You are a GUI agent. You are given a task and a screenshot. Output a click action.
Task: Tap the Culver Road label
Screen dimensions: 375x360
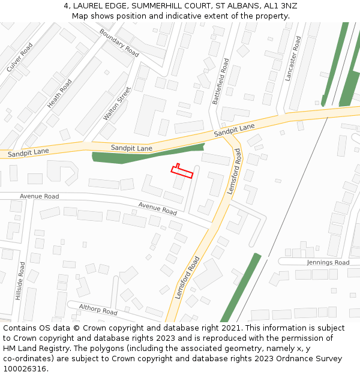pos(19,58)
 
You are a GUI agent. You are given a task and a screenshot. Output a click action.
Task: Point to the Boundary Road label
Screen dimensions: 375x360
pos(119,43)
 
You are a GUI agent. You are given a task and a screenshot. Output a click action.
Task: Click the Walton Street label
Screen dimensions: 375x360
pos(116,104)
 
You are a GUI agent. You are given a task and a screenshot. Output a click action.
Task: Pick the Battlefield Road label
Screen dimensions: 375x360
pos(221,82)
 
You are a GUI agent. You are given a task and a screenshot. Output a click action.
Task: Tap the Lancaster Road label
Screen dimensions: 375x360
pos(293,58)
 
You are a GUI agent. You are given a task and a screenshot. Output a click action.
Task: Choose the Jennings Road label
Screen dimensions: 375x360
pos(328,263)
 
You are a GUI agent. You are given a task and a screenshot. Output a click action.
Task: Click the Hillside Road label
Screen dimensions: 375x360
pos(20,281)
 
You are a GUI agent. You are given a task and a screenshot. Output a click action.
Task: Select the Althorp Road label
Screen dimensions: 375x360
pos(98,310)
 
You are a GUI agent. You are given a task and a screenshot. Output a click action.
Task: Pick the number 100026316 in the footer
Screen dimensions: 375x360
pos(24,369)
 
